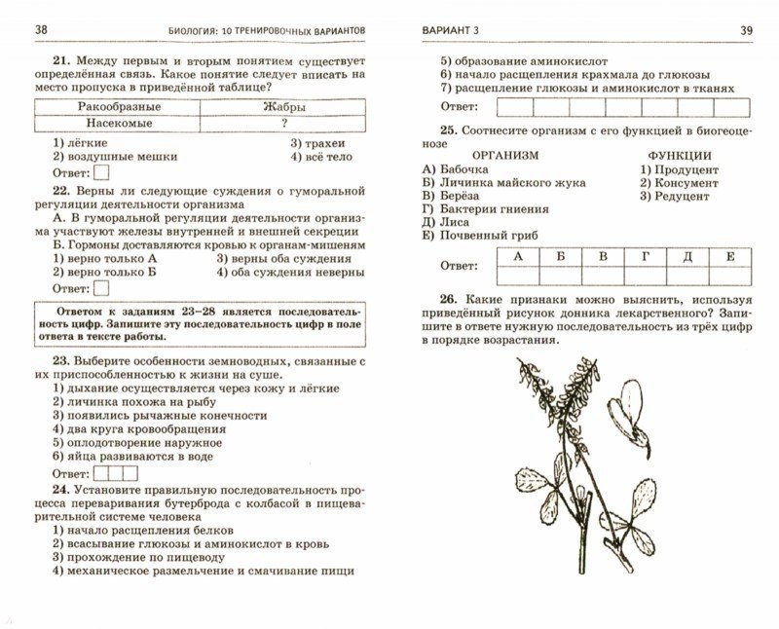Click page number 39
pos(746,30)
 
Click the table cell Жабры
pos(283,106)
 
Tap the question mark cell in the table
pos(283,124)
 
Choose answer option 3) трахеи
pos(315,142)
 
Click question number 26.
pos(448,300)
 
